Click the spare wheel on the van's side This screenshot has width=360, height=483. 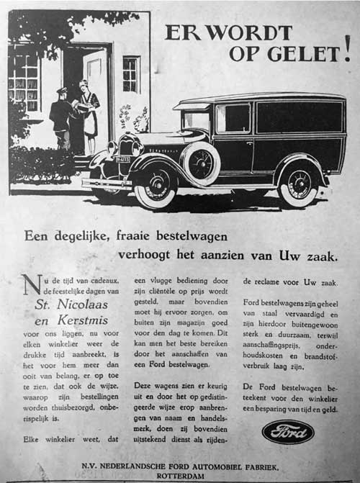coord(202,163)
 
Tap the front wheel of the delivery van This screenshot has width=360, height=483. coord(155,185)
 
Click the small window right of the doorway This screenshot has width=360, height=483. coord(130,73)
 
